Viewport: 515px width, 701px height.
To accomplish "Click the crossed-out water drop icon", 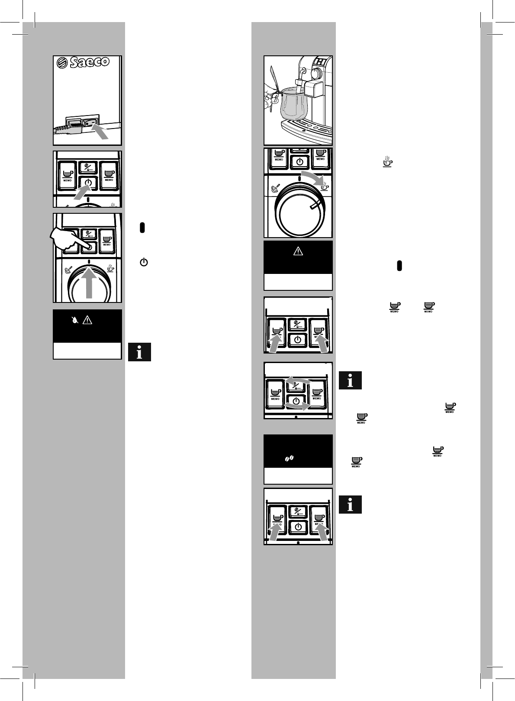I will click(x=76, y=320).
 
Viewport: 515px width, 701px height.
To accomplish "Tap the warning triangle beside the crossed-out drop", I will click(x=87, y=320).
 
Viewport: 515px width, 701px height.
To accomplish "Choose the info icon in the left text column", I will click(x=139, y=352).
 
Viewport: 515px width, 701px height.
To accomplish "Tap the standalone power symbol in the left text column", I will click(x=144, y=262).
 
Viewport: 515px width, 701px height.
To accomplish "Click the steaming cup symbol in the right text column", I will click(x=387, y=162).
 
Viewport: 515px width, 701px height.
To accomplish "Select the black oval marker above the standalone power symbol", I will click(x=142, y=228).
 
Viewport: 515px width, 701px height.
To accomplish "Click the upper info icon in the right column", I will click(x=350, y=380).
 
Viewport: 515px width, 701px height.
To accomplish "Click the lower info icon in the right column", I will click(x=350, y=505).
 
